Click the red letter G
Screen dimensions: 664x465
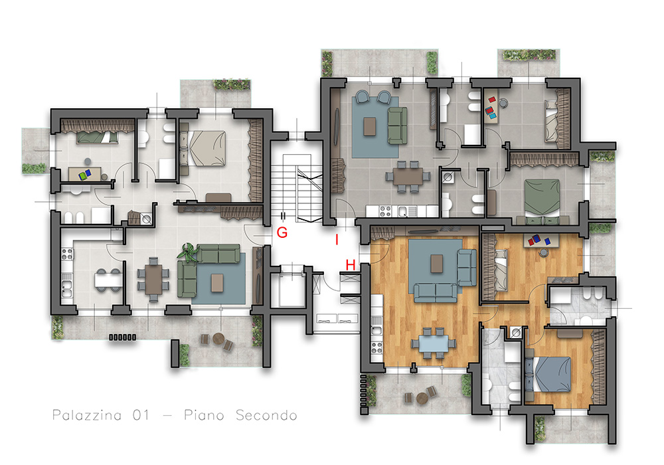(x=282, y=232)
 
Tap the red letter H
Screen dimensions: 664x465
(x=350, y=265)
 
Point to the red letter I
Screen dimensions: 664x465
(x=337, y=240)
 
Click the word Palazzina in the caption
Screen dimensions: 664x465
(x=87, y=415)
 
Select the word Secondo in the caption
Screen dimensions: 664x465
(x=266, y=415)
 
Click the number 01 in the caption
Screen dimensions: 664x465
(x=141, y=415)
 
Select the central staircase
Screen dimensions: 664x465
(x=297, y=189)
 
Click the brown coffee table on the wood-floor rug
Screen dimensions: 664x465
(x=437, y=264)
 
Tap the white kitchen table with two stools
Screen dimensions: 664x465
(x=108, y=280)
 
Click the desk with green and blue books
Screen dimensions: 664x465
(x=85, y=174)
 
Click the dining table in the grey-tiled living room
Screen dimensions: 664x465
(x=408, y=177)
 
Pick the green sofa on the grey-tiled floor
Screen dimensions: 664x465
(x=397, y=126)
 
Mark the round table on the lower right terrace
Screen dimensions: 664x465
(x=422, y=398)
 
